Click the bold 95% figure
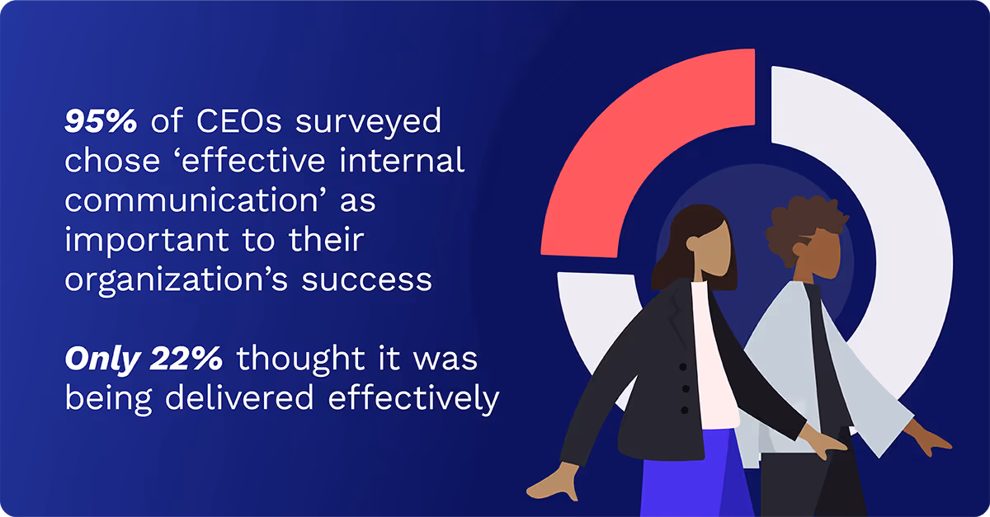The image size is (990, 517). tap(101, 122)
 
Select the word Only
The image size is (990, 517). tap(102, 360)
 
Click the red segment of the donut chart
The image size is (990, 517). tap(627, 157)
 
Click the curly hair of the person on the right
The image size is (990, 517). tap(800, 219)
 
